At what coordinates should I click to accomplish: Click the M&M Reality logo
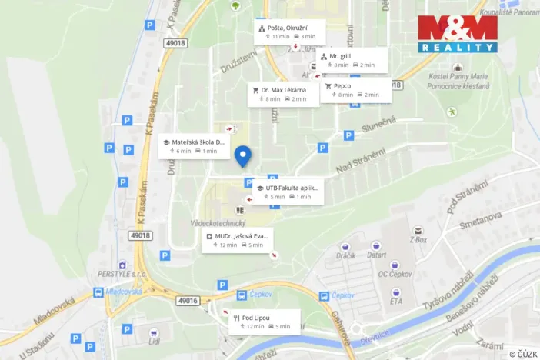click(x=457, y=34)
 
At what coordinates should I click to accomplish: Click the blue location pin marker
click(x=243, y=156)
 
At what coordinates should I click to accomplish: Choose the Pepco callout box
click(x=357, y=90)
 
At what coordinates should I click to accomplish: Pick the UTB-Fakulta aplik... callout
click(x=288, y=192)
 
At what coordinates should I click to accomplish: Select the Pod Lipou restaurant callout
click(x=262, y=322)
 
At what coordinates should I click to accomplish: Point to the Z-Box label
click(x=418, y=239)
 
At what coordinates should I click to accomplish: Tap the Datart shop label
click(x=376, y=255)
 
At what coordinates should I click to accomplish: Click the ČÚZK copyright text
click(x=522, y=354)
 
